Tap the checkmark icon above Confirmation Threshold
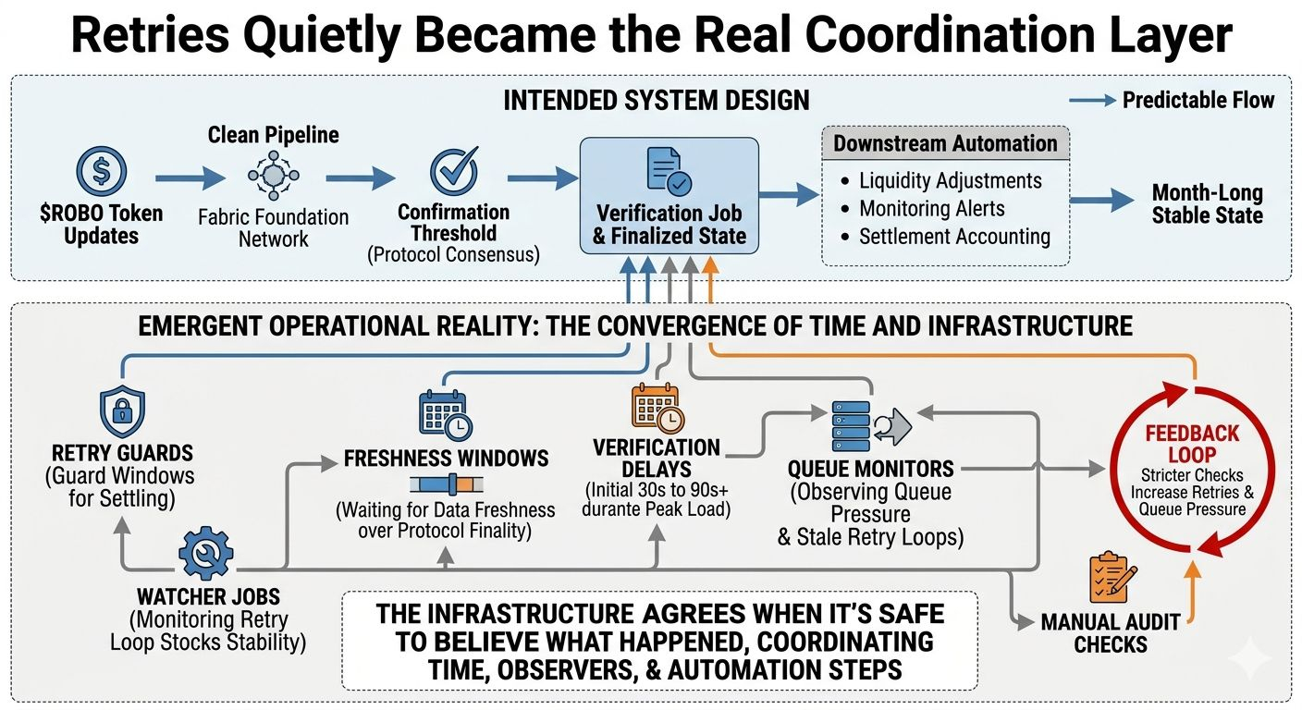tap(453, 171)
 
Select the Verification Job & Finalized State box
tap(669, 195)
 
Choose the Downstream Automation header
tap(945, 143)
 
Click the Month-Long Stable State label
tap(1207, 205)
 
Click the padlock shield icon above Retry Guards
tap(123, 411)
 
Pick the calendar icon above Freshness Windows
tap(445, 414)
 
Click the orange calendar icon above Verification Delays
tap(657, 409)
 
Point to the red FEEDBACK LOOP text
tap(1190, 443)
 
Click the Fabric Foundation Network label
tap(273, 228)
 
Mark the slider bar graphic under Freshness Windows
tap(445, 485)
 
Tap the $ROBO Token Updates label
tap(101, 224)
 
